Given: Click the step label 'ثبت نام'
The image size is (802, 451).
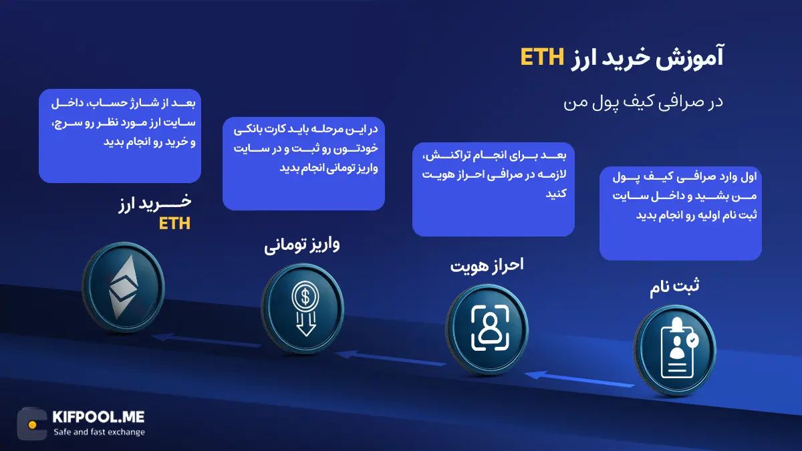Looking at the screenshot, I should (675, 287).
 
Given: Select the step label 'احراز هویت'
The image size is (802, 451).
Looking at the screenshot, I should (486, 265).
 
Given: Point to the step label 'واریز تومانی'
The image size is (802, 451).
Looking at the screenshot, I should (302, 245).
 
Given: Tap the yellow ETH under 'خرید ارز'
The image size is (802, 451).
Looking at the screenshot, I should (174, 224).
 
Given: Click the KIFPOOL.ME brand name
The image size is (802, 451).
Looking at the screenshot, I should (98, 417).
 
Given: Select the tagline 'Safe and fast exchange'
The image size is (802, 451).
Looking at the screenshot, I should (99, 432).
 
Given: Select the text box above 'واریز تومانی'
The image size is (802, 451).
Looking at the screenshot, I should (303, 163).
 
